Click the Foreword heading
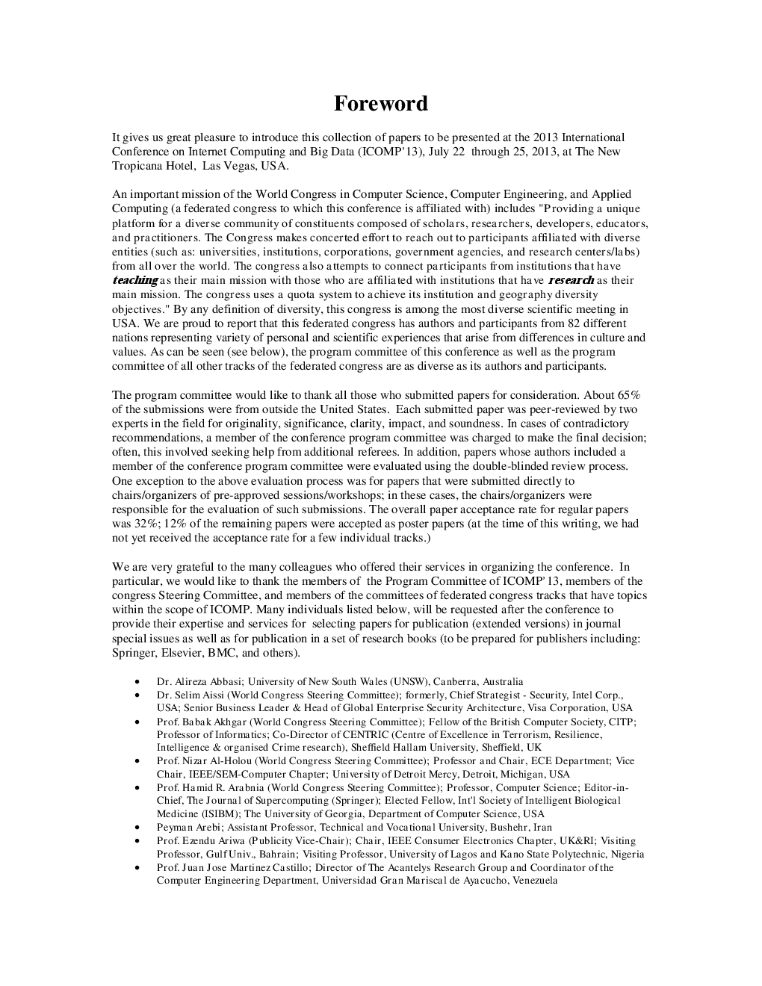pos(380,103)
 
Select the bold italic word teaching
pos(135,280)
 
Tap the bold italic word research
pos(571,280)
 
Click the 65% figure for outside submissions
pos(628,395)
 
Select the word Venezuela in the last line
pos(535,881)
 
